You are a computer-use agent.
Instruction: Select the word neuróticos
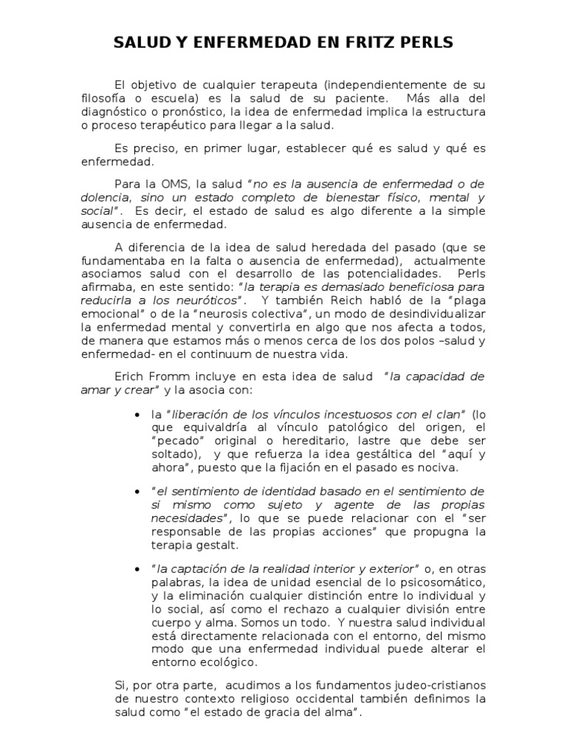(x=210, y=301)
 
